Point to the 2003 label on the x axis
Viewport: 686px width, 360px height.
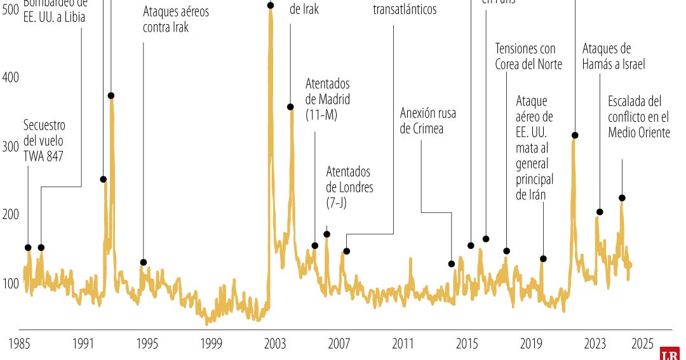pos(275,343)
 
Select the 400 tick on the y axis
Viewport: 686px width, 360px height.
pos(11,77)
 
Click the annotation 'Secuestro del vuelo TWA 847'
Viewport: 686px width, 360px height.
pos(44,141)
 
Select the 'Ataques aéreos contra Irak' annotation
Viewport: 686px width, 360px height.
pos(175,20)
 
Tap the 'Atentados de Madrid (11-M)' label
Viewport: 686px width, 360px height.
pos(328,99)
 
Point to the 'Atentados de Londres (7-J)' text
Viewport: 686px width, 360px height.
pos(349,187)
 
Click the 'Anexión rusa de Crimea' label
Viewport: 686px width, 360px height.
pos(428,121)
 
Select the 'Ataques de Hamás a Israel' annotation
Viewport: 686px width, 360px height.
pos(614,57)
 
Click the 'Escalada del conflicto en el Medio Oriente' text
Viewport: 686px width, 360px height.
pos(638,117)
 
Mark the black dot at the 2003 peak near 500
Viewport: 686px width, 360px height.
pos(271,5)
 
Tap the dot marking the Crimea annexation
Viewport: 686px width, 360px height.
pos(452,264)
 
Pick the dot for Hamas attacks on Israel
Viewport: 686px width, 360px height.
pos(600,212)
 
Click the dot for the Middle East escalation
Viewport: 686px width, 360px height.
pos(622,198)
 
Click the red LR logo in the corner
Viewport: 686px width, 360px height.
pos(670,353)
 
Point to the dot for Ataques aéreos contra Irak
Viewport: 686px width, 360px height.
pos(144,262)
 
